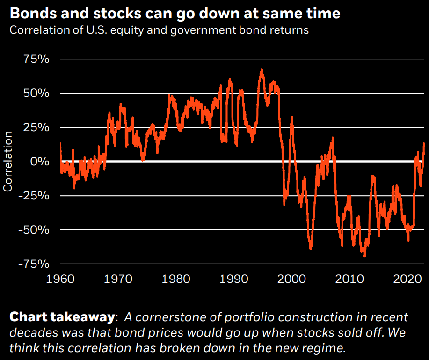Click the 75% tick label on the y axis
(x=36, y=59)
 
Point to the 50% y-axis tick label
(x=36, y=93)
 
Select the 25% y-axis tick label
(x=36, y=127)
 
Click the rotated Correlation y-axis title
(x=8, y=162)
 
